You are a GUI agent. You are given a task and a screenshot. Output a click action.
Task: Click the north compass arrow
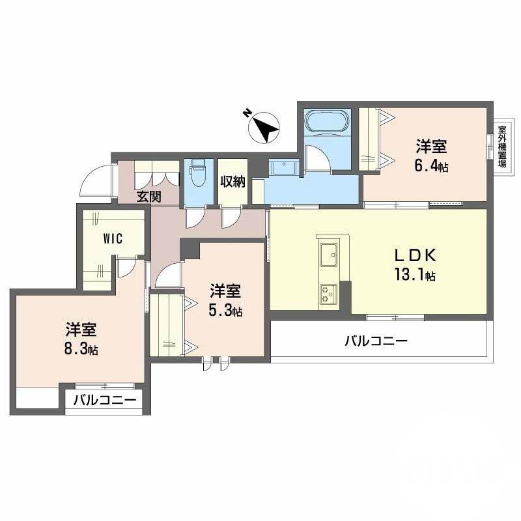click(x=265, y=128)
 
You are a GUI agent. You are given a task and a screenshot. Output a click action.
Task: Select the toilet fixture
click(x=195, y=173)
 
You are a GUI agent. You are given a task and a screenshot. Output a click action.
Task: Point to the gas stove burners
click(x=327, y=294)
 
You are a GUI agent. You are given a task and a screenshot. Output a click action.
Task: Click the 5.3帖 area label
click(x=225, y=311)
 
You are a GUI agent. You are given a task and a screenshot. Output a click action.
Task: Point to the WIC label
click(x=112, y=238)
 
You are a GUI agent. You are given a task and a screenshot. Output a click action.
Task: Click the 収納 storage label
click(x=232, y=182)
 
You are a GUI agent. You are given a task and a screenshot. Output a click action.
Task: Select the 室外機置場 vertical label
click(x=502, y=147)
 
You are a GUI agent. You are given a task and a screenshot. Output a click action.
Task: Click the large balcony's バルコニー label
click(x=376, y=341)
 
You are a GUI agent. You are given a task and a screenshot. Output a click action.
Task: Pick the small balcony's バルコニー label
click(x=104, y=401)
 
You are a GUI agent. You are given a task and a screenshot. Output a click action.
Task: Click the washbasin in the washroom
click(x=283, y=168)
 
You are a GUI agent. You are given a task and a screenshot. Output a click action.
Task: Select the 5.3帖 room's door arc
click(x=169, y=274)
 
